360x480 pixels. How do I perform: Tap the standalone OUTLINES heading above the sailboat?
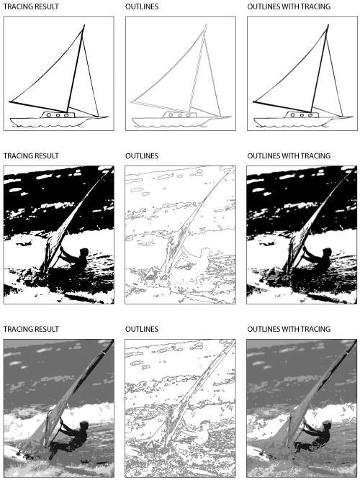coord(142,6)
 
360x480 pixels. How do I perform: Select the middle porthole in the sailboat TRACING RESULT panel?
coord(58,115)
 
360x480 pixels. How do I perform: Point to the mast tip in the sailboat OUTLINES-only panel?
coord(206,24)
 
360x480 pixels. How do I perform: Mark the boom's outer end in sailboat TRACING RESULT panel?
coord(10,101)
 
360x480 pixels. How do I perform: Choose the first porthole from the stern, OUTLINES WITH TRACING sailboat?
coord(293,115)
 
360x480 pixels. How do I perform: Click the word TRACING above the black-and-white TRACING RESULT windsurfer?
coord(17,156)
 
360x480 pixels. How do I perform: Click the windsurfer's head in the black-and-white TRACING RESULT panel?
coord(84,253)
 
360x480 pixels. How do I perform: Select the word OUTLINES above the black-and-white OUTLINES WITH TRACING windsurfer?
coord(264,156)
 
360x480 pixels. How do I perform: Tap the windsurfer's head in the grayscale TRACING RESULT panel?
coord(84,425)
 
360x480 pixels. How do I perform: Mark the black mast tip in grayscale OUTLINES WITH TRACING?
coord(356,341)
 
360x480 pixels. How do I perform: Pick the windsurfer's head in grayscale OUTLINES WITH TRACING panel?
coord(327,425)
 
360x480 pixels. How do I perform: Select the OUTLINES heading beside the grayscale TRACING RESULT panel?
coord(142,329)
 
